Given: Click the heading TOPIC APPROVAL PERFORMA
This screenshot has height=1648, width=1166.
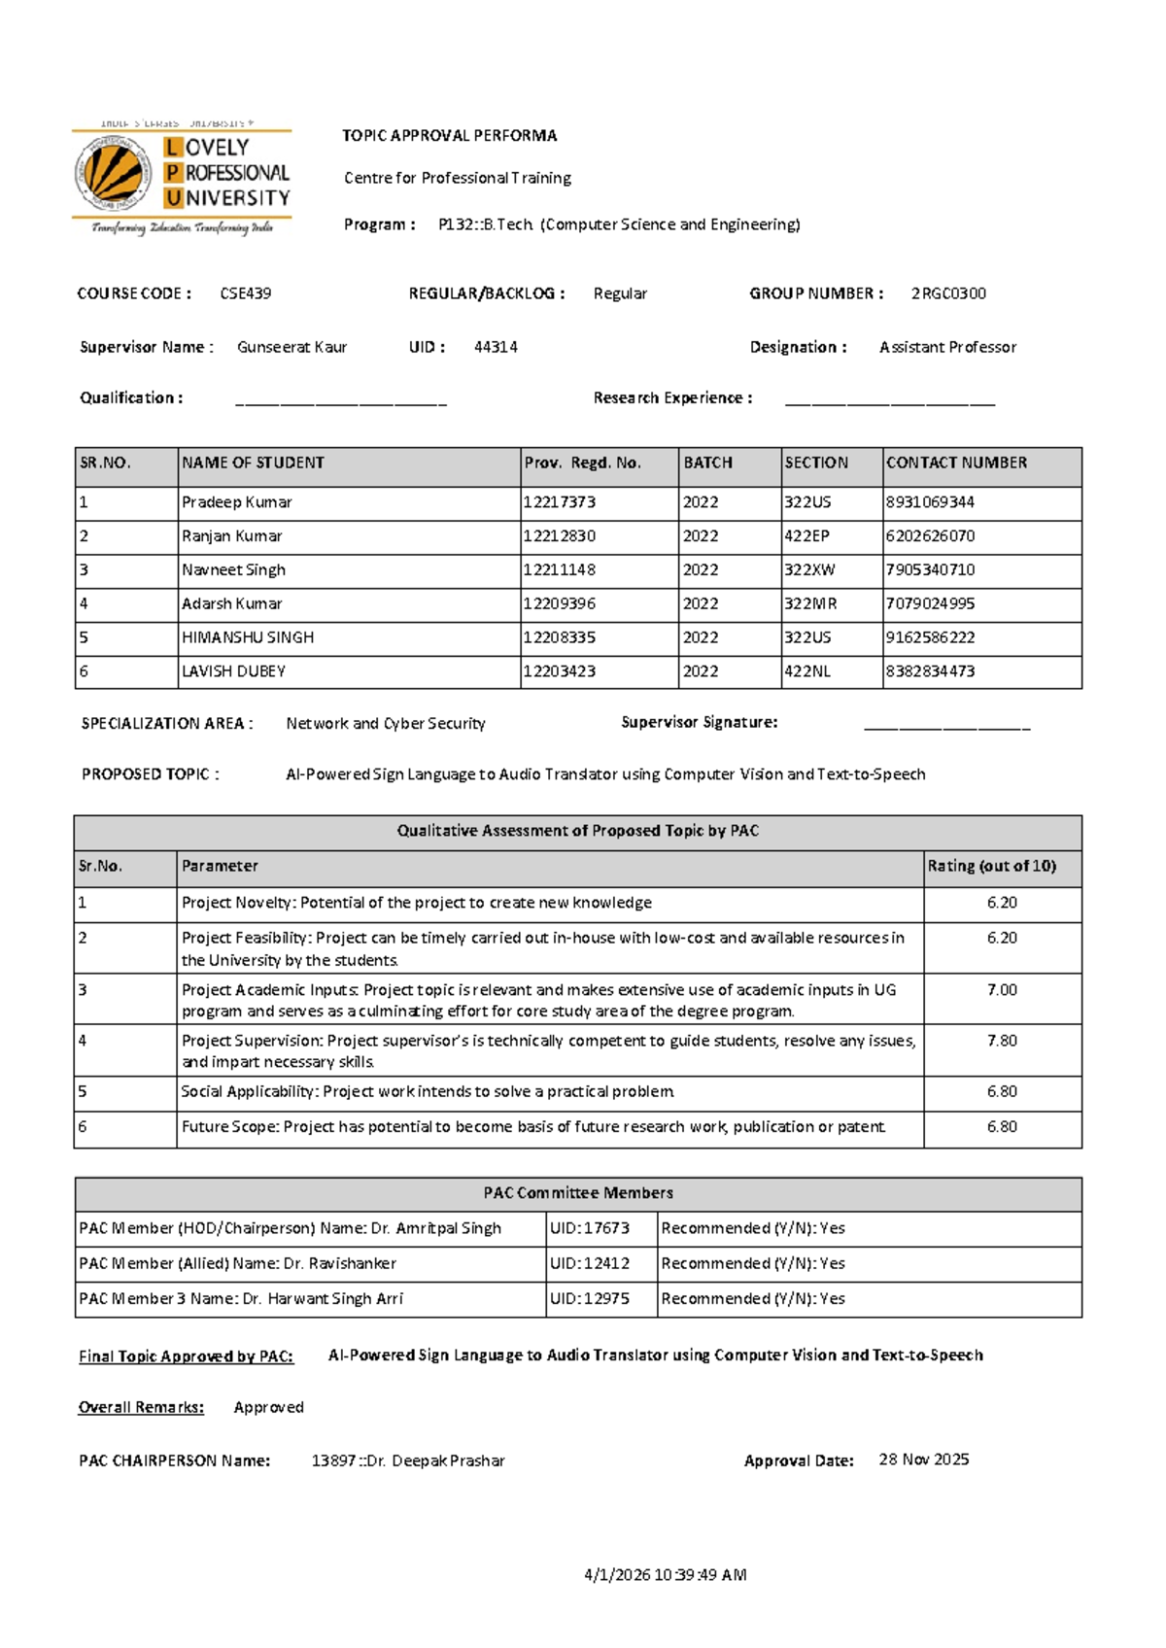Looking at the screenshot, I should [449, 136].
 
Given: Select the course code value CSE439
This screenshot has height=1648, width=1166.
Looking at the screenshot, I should [246, 293].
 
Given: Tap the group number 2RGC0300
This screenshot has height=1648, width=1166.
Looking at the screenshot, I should [948, 293].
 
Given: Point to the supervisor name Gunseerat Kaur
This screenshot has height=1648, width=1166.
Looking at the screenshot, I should [291, 347].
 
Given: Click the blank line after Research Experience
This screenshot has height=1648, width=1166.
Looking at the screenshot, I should [889, 399].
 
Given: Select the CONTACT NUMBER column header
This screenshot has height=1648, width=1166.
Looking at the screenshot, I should [956, 463].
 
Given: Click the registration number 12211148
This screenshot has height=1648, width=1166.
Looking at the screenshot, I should [560, 570].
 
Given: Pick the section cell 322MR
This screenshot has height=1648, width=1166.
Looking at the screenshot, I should [810, 604].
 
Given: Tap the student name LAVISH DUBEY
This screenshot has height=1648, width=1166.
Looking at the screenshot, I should [233, 671].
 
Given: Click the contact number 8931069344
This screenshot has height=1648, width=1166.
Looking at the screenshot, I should [930, 502].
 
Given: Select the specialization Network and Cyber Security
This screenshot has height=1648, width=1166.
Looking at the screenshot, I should [386, 724].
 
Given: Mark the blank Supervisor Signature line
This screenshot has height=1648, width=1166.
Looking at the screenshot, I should [946, 725].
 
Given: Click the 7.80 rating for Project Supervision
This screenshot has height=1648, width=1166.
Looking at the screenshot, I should [1002, 1041].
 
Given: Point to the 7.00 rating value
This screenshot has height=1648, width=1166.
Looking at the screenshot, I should [1002, 990].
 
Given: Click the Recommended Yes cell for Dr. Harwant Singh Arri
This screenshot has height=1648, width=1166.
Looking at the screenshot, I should [753, 1299].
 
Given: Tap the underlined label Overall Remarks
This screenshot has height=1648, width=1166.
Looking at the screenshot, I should [141, 1408].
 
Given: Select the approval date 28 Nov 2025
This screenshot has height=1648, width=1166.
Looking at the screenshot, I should [923, 1459].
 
